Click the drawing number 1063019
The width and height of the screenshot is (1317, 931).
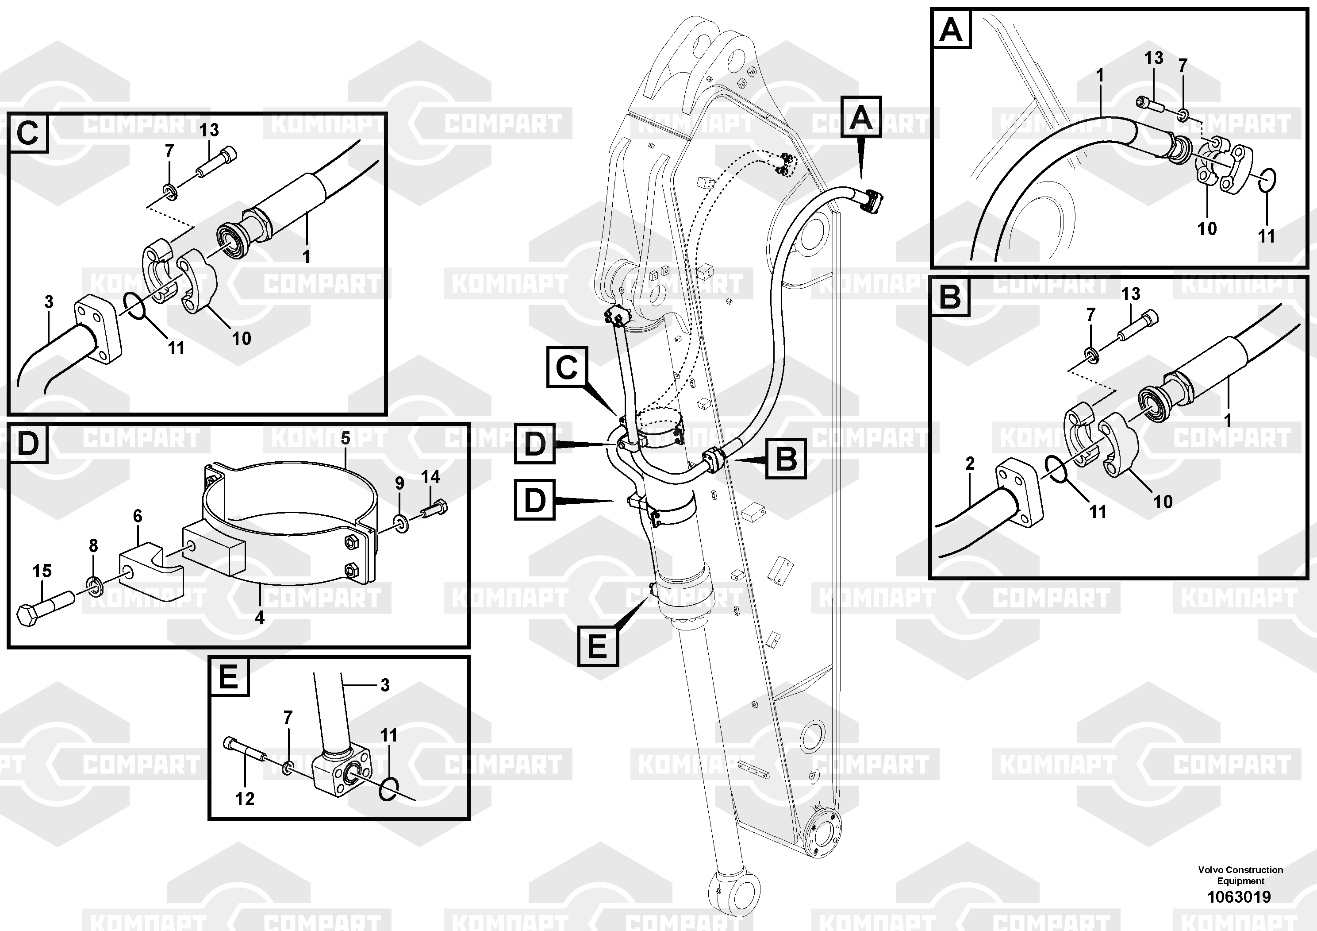coord(1239,896)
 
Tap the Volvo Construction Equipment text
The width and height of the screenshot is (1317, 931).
coord(1240,875)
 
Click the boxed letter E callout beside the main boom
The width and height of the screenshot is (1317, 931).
coord(598,646)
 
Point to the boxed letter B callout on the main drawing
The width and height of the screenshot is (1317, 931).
coord(786,459)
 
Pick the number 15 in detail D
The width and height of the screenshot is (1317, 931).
coord(42,571)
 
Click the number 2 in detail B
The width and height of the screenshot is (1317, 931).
coord(970,463)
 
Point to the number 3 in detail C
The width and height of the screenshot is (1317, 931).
coord(49,301)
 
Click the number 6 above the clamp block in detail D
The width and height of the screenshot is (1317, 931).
coord(138,516)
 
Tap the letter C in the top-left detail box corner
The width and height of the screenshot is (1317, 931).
coord(27,133)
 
